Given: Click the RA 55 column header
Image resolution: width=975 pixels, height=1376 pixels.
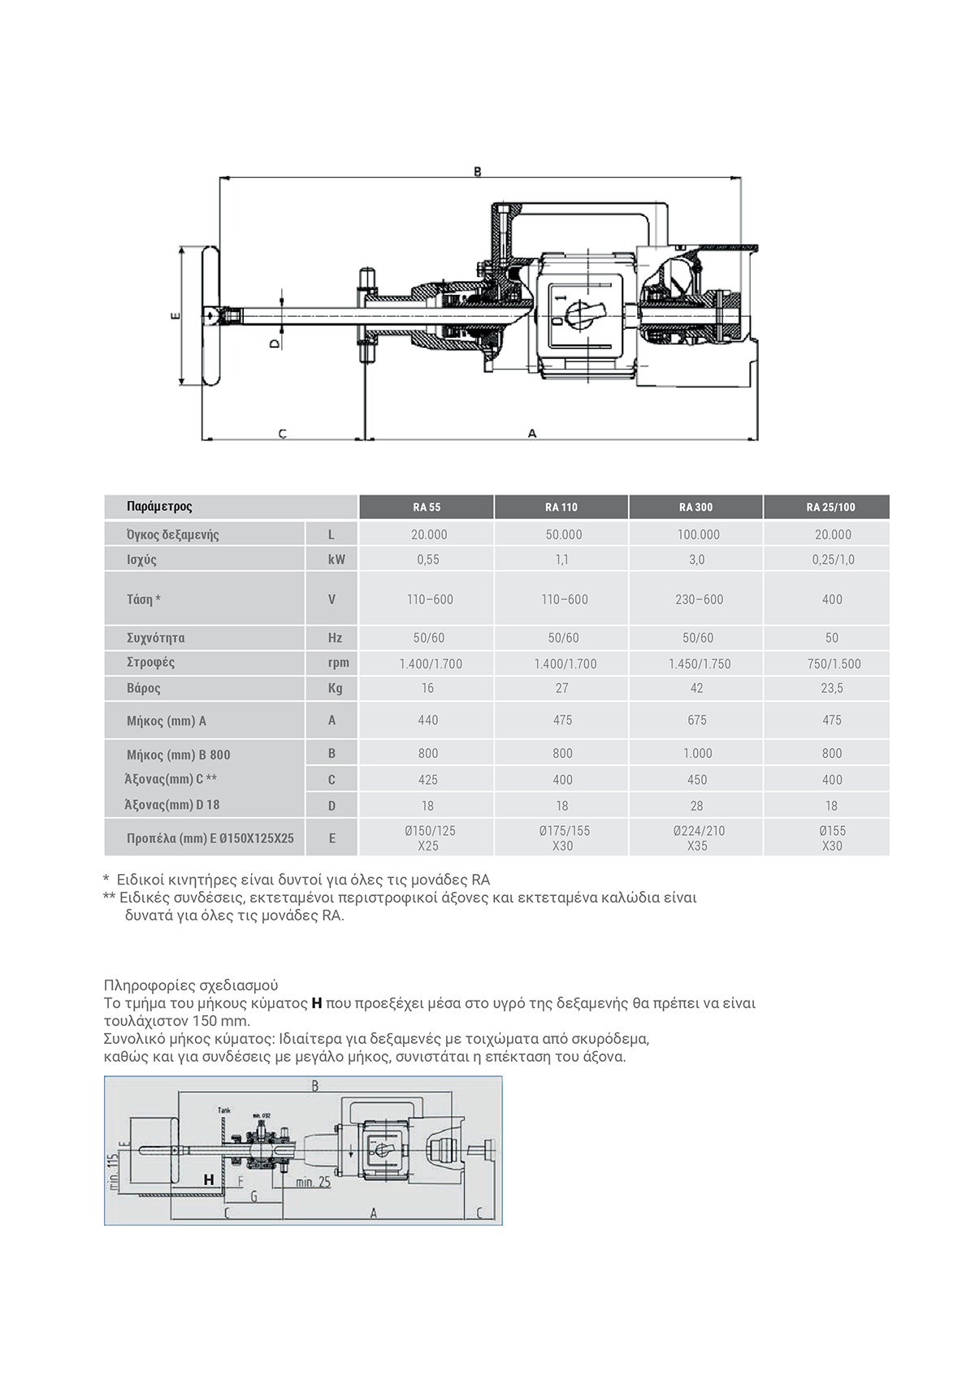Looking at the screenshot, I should (x=426, y=507).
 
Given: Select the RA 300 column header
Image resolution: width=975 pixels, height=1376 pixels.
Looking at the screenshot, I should (x=695, y=507).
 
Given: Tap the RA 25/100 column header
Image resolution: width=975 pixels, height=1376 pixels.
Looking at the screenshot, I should (x=830, y=507).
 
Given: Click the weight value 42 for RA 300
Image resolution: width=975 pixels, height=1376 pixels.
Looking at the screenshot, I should (x=696, y=688).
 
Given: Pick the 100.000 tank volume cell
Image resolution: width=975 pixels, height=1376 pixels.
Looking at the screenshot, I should (x=696, y=534).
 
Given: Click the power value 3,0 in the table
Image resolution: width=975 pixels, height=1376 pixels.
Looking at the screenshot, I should (x=696, y=560).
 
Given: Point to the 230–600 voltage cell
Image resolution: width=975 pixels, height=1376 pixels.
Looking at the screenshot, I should (x=696, y=599).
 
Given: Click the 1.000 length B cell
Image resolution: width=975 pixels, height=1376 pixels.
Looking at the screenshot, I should (x=696, y=753).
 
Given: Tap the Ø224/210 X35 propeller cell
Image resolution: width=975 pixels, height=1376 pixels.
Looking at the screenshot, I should (x=696, y=837).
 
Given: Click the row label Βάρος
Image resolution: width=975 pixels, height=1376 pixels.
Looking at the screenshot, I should (x=144, y=688).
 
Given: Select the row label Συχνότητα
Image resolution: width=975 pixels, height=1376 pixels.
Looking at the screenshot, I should (x=155, y=638).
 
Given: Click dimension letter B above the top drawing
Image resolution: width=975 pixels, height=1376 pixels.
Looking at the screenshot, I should (x=478, y=171).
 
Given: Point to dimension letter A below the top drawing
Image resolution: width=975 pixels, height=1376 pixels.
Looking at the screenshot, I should (x=532, y=434).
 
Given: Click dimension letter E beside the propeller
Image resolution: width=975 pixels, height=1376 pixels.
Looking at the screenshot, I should (x=175, y=316).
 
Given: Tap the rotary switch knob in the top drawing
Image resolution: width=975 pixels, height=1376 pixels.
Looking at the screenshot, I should (x=582, y=310).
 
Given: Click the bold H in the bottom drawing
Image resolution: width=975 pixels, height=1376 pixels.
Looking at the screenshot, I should (x=209, y=1179).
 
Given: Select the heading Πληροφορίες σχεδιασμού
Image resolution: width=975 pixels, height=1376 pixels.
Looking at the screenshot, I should (x=191, y=985).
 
